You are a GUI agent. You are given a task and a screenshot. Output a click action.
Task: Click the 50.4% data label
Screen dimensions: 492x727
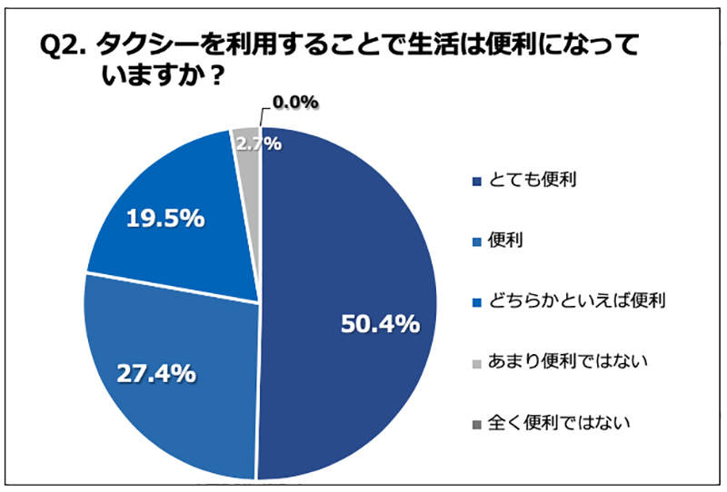coord(379,324)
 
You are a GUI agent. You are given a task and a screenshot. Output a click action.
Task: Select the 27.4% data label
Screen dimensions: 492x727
coord(155,372)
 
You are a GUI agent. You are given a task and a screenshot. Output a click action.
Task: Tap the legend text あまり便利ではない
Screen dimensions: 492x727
coord(559,361)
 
